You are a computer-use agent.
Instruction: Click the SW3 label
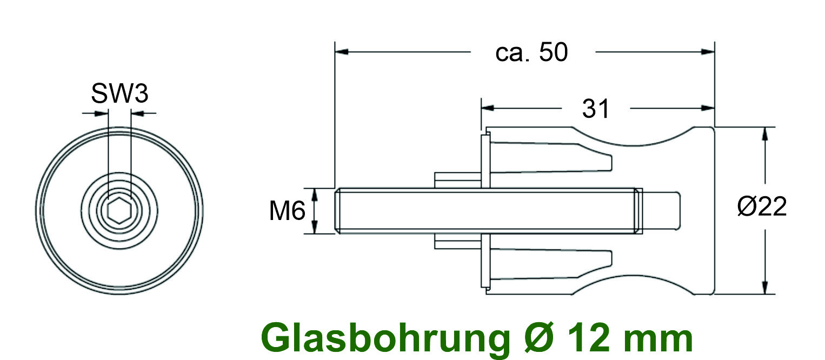(x=119, y=94)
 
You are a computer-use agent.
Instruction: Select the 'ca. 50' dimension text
(x=531, y=52)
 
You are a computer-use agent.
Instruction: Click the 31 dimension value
(x=596, y=109)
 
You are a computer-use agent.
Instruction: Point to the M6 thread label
(x=287, y=211)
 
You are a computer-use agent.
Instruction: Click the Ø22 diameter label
(x=762, y=206)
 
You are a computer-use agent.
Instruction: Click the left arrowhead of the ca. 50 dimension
(x=342, y=52)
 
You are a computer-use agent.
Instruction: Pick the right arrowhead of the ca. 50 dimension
(x=708, y=52)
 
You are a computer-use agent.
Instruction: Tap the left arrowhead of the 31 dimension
(x=488, y=108)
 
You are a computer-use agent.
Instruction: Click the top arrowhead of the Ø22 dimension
(x=765, y=134)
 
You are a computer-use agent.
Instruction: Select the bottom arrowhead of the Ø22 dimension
(x=765, y=287)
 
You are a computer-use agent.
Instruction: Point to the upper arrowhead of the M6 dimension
(x=315, y=195)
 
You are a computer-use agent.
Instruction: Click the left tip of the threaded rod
(x=336, y=211)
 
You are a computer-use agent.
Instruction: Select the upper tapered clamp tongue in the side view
(x=551, y=157)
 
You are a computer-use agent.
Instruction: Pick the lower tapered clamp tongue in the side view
(x=551, y=264)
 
